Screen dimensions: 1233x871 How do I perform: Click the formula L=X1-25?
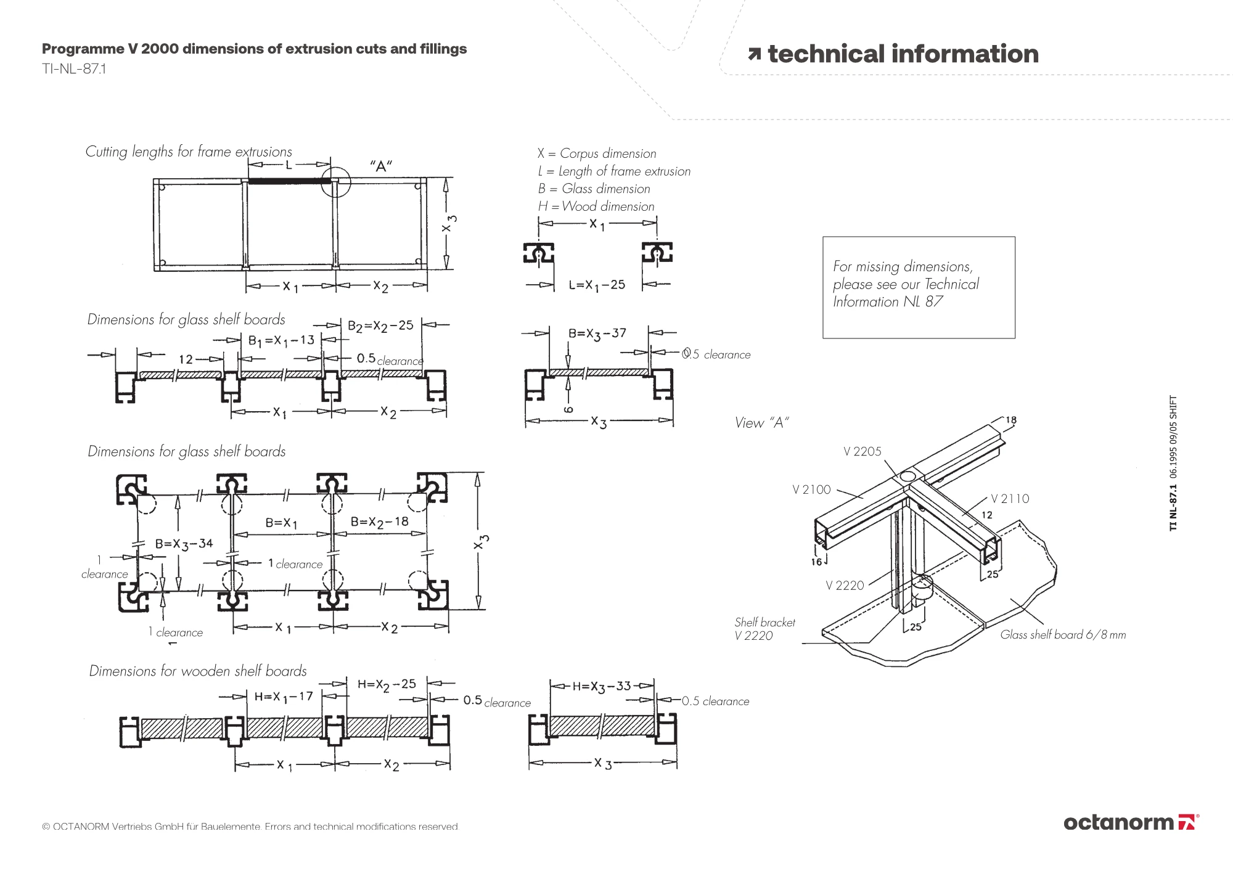tap(597, 285)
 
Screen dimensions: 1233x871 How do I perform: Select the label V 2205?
tap(862, 451)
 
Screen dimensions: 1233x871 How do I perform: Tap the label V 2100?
tap(811, 489)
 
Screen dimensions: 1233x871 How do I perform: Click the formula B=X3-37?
tap(597, 333)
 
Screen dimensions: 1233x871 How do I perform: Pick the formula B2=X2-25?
tap(380, 326)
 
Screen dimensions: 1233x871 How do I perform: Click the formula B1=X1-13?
tap(281, 341)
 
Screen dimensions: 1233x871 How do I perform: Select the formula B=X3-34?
tap(184, 544)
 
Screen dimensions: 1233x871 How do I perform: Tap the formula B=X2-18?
tap(380, 523)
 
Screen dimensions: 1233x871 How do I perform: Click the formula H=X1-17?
tap(284, 697)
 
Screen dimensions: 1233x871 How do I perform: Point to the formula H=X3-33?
tap(602, 687)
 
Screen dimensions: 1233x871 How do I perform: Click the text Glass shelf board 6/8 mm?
tap(1063, 634)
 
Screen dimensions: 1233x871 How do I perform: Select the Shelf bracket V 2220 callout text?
tap(764, 629)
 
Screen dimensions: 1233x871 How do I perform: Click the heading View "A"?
tap(761, 423)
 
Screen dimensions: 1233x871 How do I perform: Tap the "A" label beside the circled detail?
tap(381, 166)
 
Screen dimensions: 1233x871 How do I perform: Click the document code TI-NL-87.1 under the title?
tap(74, 68)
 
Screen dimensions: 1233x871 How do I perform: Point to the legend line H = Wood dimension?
tap(596, 207)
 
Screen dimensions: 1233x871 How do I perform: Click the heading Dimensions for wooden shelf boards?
tap(198, 671)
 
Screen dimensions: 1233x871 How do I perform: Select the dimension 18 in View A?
tap(1011, 420)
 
